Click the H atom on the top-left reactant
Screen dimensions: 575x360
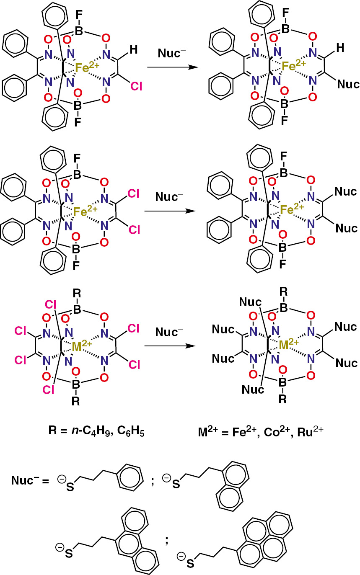[x=133, y=50]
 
